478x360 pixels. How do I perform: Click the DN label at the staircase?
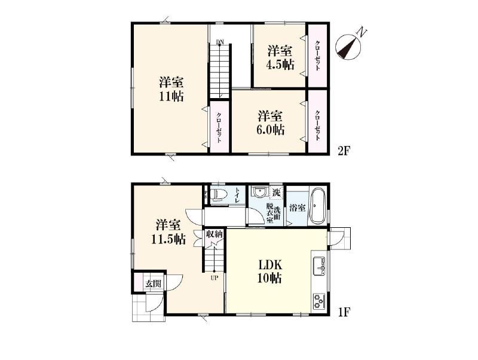click(219, 42)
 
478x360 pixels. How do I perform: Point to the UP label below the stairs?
click(214, 278)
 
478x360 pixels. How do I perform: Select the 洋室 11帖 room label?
click(171, 89)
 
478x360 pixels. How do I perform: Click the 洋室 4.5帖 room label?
click(281, 57)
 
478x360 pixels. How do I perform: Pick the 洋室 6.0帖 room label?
click(271, 123)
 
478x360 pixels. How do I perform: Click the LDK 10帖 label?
click(270, 271)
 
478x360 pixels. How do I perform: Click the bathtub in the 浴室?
click(318, 205)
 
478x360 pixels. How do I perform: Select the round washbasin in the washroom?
click(259, 193)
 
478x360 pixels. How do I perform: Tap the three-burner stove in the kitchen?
click(319, 301)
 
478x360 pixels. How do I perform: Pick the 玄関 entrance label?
click(153, 283)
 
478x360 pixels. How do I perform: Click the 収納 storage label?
click(215, 234)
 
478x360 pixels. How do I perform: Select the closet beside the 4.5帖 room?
click(317, 56)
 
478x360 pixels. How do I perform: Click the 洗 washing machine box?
click(276, 193)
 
